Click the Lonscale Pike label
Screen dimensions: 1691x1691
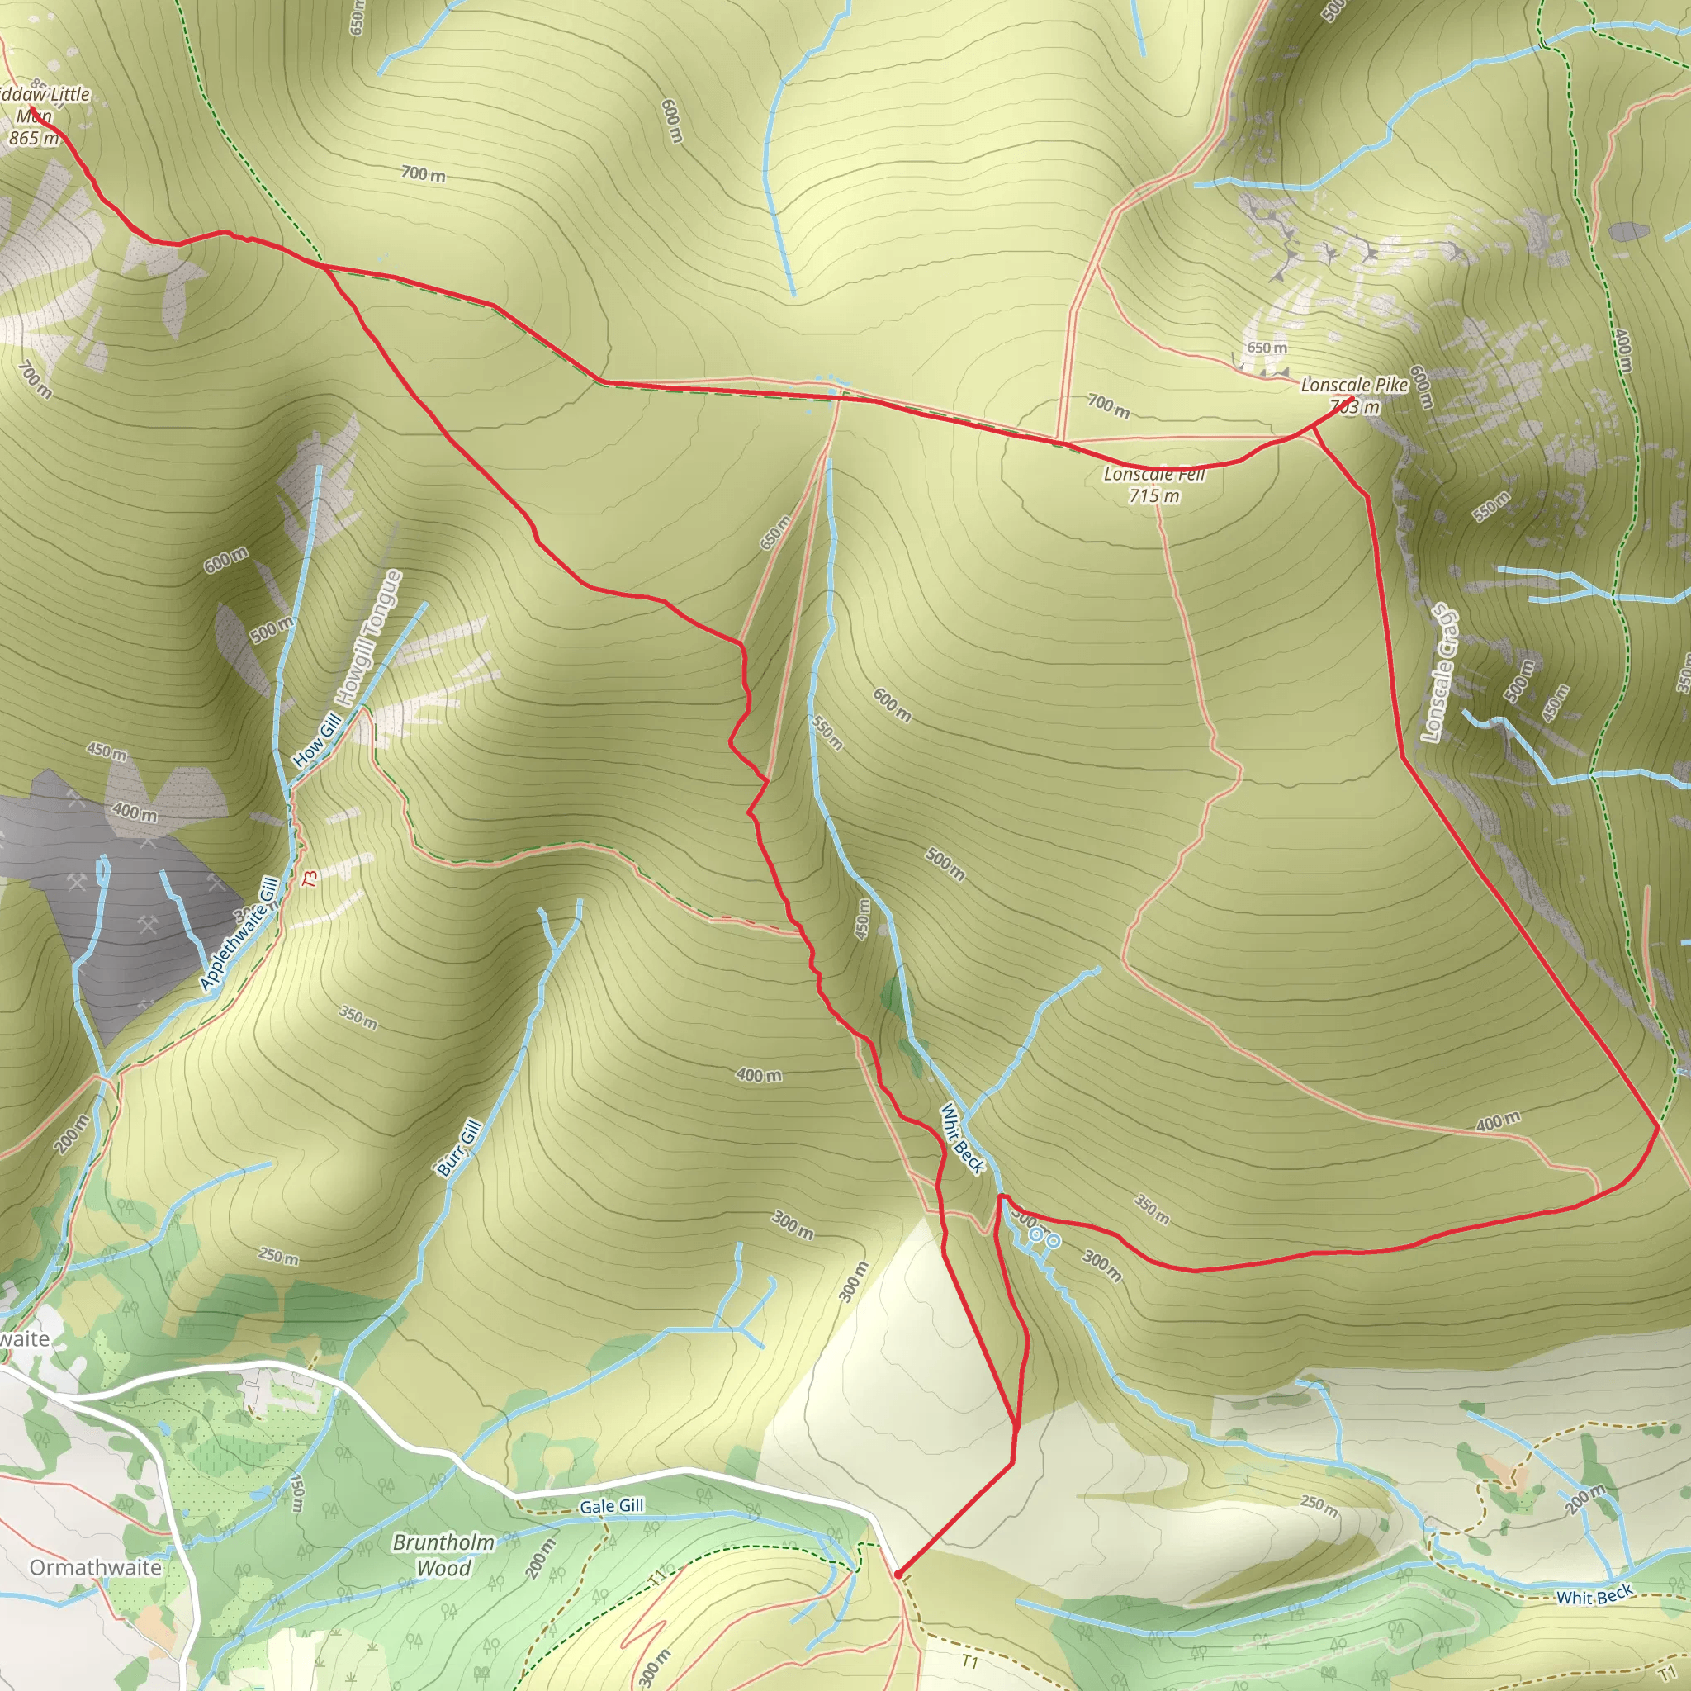(x=1354, y=385)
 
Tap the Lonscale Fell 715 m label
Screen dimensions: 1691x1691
(x=1153, y=485)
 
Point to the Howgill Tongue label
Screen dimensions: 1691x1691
(x=368, y=638)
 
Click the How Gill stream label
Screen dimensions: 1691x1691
(x=317, y=740)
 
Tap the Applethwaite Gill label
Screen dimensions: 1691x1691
(x=239, y=934)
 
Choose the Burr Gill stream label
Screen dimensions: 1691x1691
(x=458, y=1148)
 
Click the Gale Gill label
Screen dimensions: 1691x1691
(x=611, y=1505)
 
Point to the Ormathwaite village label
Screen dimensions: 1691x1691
(x=96, y=1566)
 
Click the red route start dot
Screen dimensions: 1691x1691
(x=898, y=1575)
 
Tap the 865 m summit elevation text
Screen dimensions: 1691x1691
(x=34, y=138)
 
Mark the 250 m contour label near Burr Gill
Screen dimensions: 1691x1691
(x=278, y=1256)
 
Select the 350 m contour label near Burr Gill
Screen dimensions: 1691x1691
(x=358, y=1018)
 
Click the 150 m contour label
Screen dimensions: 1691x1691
(x=296, y=1492)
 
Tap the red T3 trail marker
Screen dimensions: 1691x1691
(x=309, y=878)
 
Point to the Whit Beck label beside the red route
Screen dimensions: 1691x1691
(x=962, y=1138)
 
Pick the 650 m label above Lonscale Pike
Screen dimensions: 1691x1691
(x=1267, y=348)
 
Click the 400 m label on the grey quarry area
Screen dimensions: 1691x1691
(x=135, y=812)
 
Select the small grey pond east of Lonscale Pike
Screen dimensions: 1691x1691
(x=1628, y=231)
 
